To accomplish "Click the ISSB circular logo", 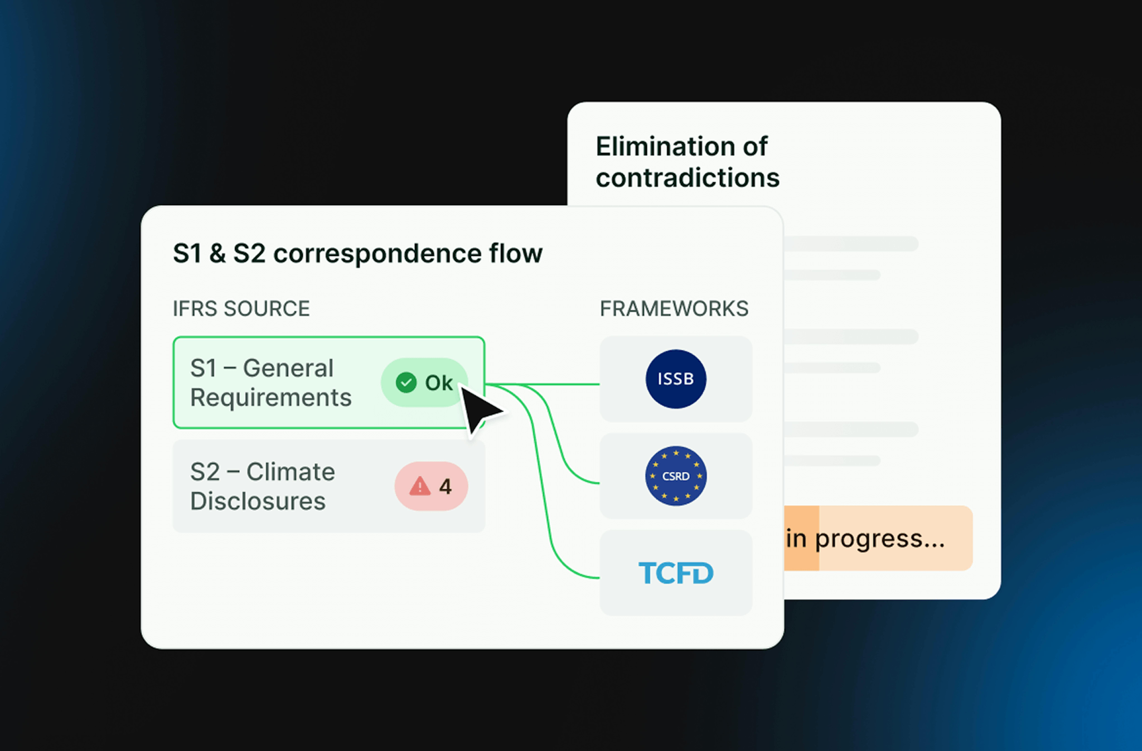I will coord(676,379).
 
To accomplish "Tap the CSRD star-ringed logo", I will coord(676,476).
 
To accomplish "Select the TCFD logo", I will coord(676,573).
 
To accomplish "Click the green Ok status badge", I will coord(424,382).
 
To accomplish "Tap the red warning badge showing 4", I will coord(431,486).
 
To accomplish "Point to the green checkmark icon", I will coord(406,382).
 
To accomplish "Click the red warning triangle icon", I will coord(420,486).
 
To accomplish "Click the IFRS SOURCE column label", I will coord(241,309).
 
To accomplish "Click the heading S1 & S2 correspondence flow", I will coord(357,253).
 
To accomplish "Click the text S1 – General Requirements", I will coord(271,382).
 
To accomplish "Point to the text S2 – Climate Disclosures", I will coord(262,486).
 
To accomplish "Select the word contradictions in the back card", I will coord(687,178).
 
